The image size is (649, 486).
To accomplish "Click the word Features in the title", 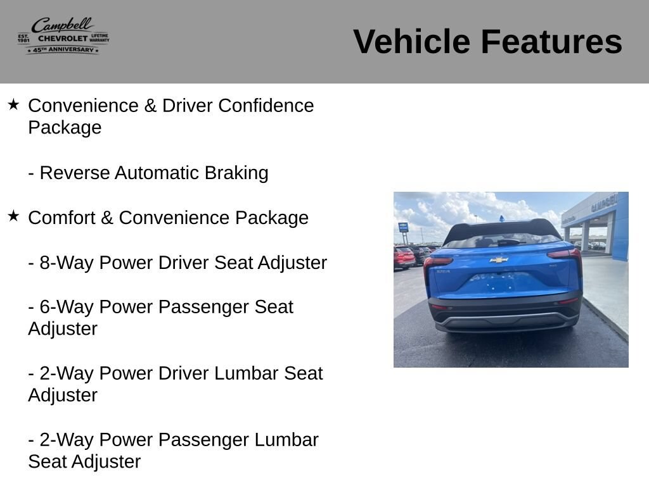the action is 552,41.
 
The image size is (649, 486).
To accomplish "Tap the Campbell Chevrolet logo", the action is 63,36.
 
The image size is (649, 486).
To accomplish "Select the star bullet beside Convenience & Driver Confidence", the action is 13,104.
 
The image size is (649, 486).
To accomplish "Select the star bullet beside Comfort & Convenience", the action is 13,216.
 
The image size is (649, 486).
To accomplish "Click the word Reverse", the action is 75,173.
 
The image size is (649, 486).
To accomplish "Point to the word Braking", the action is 236,173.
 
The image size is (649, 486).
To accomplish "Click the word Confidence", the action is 266,106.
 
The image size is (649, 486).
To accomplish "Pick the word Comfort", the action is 61,218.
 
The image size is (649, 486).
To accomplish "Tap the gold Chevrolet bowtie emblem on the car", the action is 499,260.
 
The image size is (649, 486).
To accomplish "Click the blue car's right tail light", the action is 565,253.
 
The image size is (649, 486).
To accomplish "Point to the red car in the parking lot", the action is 405,258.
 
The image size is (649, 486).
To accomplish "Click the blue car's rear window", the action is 503,240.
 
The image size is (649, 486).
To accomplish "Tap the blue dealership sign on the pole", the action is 403,227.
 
